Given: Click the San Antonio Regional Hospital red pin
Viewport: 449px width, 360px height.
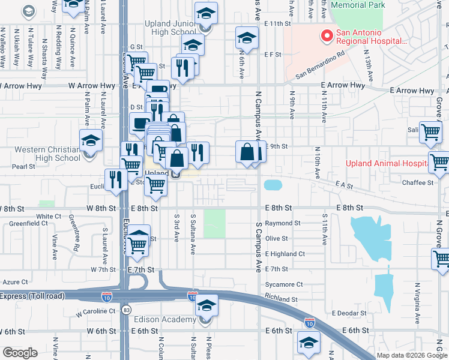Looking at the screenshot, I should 327,37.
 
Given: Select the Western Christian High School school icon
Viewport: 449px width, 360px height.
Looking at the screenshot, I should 91,142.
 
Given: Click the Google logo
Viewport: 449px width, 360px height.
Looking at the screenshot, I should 20,353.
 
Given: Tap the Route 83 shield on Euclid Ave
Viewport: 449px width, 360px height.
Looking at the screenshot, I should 126,310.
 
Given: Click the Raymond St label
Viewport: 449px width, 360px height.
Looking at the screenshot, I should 283,223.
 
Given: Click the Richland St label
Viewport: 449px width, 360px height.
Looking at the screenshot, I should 282,299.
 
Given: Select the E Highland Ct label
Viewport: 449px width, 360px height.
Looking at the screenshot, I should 285,254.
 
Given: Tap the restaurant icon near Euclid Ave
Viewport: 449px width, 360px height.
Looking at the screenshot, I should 115,179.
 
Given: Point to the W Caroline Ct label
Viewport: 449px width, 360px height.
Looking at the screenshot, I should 96,312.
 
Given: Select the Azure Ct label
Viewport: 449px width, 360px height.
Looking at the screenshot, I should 16,281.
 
